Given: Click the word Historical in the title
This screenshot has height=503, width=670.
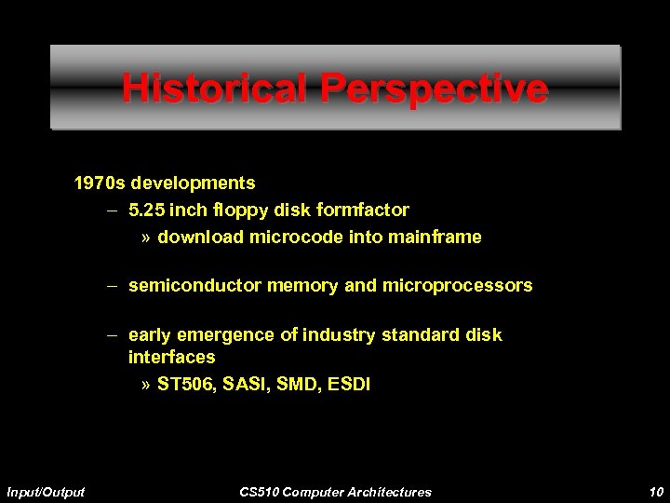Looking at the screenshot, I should click(216, 89).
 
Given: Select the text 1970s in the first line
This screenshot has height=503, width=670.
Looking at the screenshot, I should click(101, 183).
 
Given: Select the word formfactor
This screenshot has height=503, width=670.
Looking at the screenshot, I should click(362, 210).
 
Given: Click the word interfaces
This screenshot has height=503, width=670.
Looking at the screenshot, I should click(172, 357).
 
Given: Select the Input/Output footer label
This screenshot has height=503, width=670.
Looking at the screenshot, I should click(46, 491).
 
